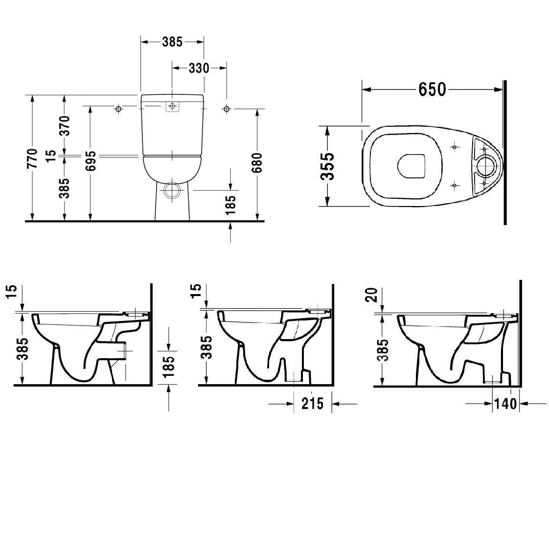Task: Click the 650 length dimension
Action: click(x=432, y=90)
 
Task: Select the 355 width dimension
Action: click(x=328, y=166)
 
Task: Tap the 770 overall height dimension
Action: click(x=32, y=158)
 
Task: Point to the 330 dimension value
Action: click(x=199, y=68)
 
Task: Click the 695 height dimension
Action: click(x=91, y=161)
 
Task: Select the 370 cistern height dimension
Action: click(x=64, y=126)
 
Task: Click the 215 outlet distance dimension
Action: click(x=313, y=404)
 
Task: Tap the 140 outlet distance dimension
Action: click(x=506, y=404)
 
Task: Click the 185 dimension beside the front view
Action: click(x=231, y=205)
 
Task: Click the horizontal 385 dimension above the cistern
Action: click(x=172, y=42)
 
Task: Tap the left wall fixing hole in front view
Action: click(x=118, y=109)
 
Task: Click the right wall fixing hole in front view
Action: click(x=226, y=109)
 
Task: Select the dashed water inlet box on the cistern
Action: click(x=172, y=106)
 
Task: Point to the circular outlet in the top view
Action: click(x=487, y=166)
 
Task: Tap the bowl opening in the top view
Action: click(x=411, y=166)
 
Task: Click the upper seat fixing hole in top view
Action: click(x=455, y=147)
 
